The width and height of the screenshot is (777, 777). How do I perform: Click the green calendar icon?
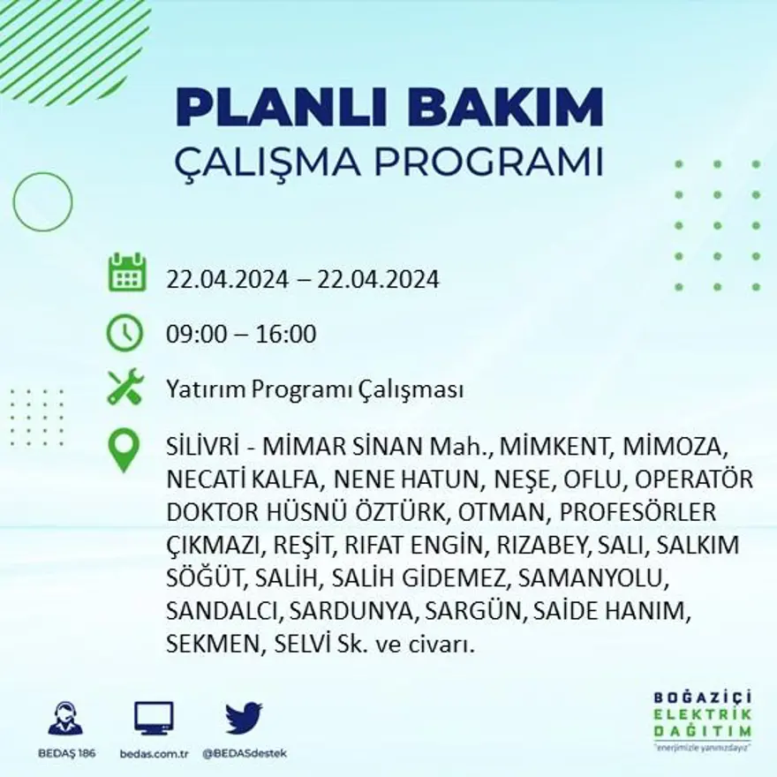pos(126,274)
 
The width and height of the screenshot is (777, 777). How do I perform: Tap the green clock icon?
pos(125,333)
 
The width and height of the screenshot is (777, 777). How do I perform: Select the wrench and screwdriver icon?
pos(125,387)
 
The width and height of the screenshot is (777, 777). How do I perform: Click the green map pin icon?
pos(124,449)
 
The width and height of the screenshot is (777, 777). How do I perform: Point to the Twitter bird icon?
pos(243,718)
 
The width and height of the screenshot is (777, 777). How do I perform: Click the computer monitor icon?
pos(154,719)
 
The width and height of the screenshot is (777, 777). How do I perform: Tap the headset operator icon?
pos(65,719)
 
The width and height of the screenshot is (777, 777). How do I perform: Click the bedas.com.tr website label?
pos(154,753)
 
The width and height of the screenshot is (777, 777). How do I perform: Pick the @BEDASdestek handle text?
pos(244,753)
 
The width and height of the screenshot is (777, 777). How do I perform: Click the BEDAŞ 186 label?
pos(66,753)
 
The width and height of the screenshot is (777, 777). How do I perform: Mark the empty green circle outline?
pos(42,202)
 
